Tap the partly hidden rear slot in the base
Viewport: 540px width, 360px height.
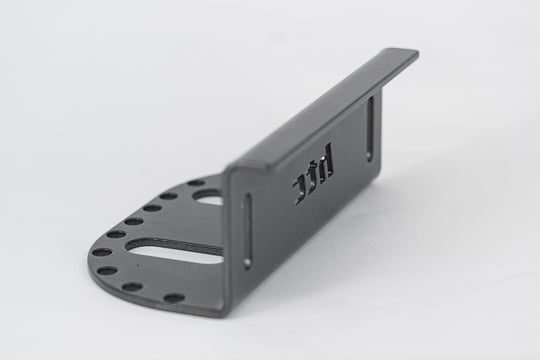click(208, 199)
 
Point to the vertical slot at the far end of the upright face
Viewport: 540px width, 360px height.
click(371, 125)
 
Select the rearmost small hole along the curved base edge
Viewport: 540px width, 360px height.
click(196, 184)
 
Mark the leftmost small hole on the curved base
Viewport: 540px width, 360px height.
click(101, 252)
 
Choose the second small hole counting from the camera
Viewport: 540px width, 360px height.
click(132, 287)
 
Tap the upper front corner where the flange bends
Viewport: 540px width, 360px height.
click(229, 170)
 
